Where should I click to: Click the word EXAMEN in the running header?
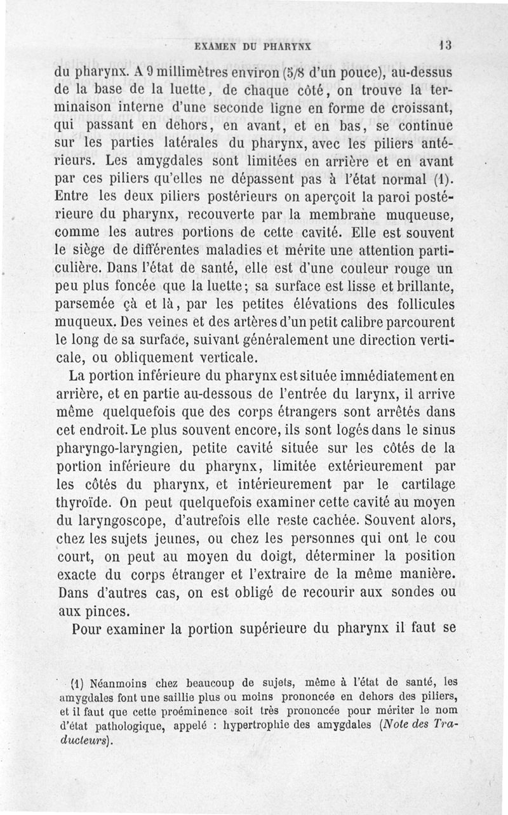(x=214, y=46)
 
